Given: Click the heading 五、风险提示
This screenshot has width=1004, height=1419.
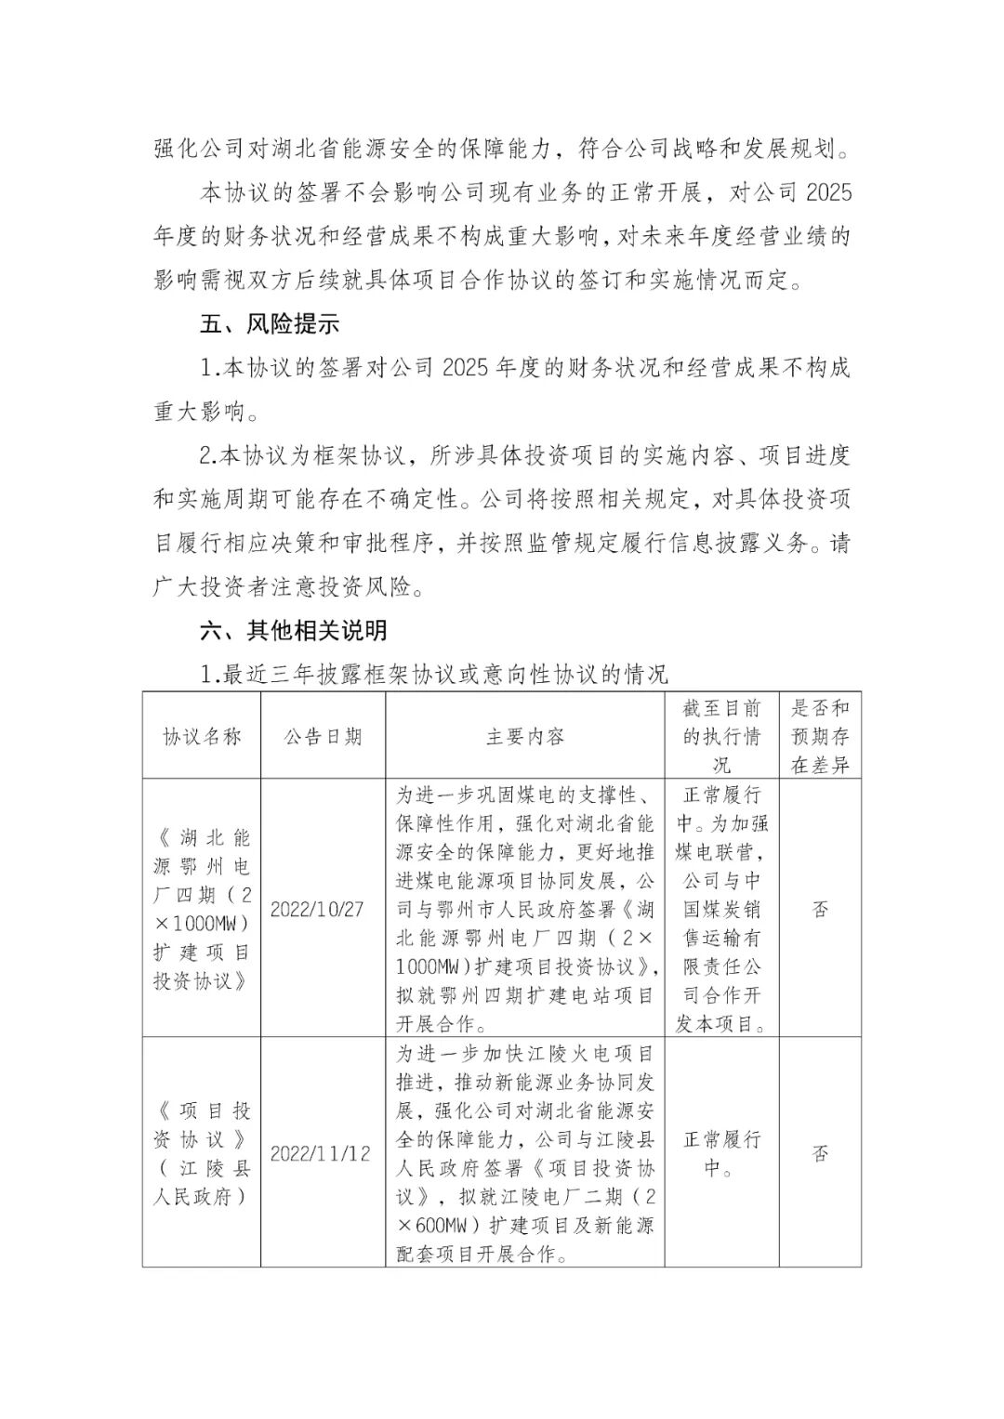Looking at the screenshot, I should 270,324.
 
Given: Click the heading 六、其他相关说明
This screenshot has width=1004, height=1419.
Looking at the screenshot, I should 294,631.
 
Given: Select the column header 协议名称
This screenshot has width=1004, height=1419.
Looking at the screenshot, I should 202,737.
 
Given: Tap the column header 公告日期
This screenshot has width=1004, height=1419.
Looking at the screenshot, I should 323,737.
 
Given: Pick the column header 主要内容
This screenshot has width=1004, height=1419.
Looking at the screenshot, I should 524,737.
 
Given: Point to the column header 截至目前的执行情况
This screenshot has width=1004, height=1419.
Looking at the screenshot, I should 721,737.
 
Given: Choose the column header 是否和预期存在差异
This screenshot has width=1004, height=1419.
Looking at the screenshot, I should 820,737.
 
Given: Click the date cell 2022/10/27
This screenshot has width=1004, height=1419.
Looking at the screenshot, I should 317,909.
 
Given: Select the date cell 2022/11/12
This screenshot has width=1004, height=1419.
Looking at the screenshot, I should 320,1153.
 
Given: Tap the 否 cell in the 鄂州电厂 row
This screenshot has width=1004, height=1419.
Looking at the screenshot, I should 820,909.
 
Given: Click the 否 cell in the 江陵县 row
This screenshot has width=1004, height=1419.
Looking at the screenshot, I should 820,1153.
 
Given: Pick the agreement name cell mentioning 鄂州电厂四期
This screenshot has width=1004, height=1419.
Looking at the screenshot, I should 202,909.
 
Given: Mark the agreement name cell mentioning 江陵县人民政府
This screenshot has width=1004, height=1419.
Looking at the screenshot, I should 202,1153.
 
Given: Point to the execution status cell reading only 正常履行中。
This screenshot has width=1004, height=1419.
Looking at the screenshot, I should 721,1153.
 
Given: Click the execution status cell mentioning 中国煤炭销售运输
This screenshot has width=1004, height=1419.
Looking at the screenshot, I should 721,909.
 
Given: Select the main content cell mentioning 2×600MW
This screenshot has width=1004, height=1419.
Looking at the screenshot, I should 524,1153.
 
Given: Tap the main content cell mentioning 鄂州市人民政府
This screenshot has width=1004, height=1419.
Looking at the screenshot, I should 524,909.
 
